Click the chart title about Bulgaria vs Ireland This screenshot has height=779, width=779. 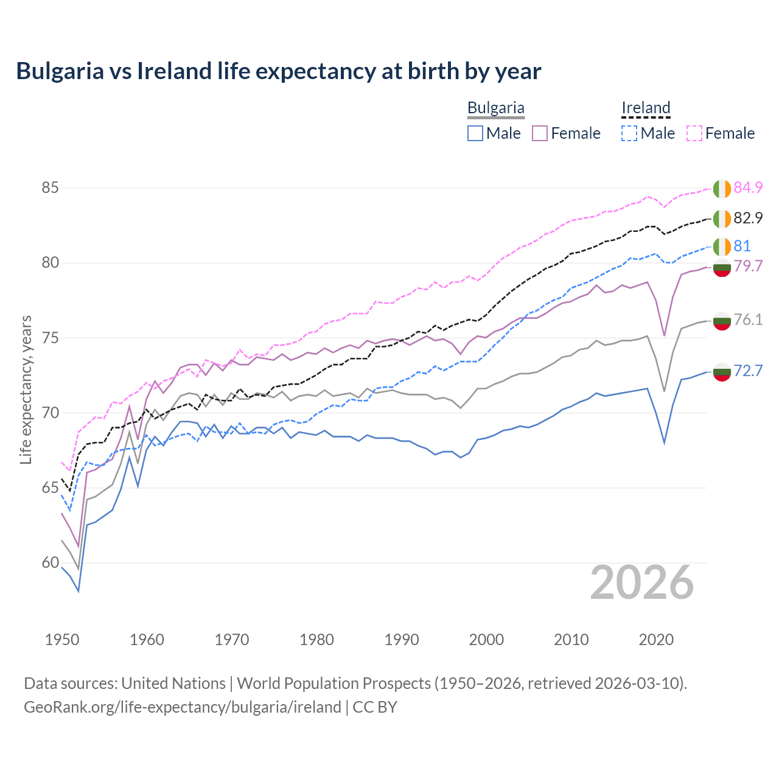click(278, 71)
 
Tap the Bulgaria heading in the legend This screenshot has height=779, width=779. click(495, 108)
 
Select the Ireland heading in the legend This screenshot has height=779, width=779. click(646, 108)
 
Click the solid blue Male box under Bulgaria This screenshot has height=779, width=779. click(475, 133)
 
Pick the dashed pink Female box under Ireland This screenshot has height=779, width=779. click(694, 133)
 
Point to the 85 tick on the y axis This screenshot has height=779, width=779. click(50, 187)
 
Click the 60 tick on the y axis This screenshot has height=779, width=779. click(50, 563)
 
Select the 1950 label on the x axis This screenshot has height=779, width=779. click(62, 640)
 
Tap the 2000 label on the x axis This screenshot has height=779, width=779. click(486, 640)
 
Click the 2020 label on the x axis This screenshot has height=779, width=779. click(656, 640)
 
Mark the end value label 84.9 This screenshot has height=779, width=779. click(748, 188)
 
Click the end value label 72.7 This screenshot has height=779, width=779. click(748, 371)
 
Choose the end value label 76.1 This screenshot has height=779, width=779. click(748, 320)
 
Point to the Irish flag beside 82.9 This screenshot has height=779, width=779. click(722, 218)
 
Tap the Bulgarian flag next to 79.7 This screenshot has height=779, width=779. click(722, 267)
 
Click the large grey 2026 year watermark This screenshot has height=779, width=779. click(642, 583)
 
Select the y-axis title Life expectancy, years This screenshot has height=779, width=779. click(26, 389)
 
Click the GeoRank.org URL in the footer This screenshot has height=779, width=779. click(183, 707)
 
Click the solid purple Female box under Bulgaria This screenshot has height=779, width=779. click(540, 133)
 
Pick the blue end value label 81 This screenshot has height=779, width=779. click(742, 246)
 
